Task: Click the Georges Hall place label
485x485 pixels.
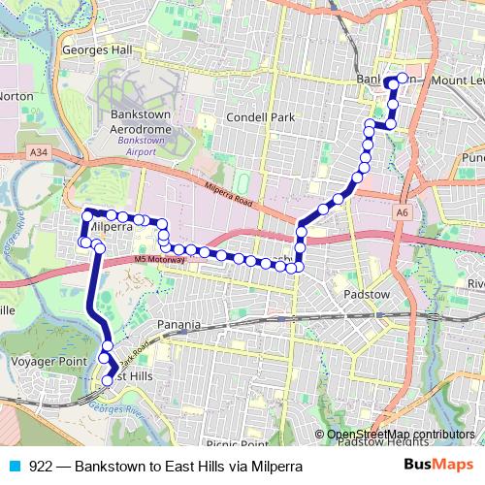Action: click(94, 49)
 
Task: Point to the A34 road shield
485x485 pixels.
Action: click(39, 152)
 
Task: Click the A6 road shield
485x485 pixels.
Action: click(401, 211)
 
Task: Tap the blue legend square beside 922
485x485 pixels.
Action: click(14, 466)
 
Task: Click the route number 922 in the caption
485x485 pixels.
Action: click(42, 466)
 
